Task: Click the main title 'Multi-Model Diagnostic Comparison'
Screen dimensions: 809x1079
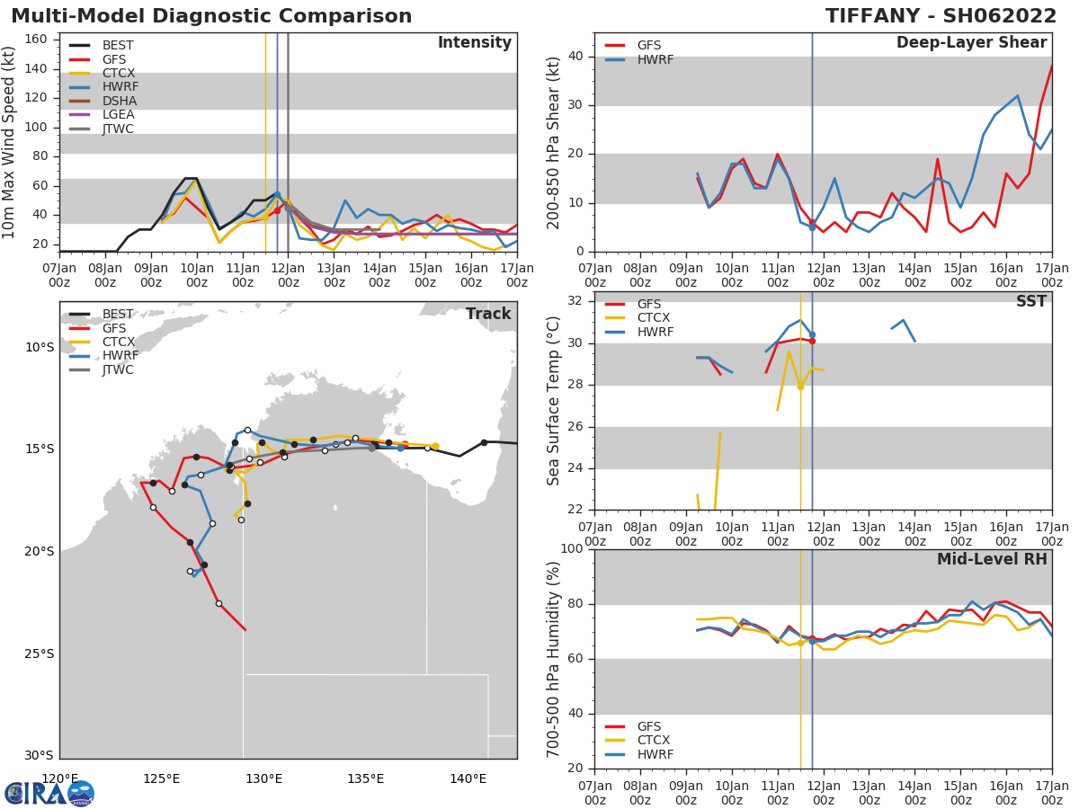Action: (x=211, y=16)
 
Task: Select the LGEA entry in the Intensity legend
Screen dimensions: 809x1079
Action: (x=118, y=114)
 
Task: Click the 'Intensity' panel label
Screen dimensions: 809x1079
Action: (x=474, y=43)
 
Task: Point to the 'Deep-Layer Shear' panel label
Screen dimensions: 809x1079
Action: (x=971, y=43)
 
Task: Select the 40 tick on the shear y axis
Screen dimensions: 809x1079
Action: (x=576, y=56)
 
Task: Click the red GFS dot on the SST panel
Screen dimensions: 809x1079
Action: (x=812, y=341)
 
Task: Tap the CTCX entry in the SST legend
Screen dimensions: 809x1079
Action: (x=655, y=318)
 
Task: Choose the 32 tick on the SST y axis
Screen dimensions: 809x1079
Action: (x=576, y=300)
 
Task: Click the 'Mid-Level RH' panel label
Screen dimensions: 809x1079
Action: (x=992, y=559)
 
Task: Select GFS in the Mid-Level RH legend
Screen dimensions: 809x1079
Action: (x=648, y=726)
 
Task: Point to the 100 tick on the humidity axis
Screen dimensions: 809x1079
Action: (x=572, y=549)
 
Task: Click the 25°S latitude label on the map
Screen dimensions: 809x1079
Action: (x=39, y=653)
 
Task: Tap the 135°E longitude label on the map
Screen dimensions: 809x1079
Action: (x=366, y=778)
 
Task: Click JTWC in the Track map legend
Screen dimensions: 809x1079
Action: (x=118, y=369)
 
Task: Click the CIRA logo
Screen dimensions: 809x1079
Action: (x=49, y=793)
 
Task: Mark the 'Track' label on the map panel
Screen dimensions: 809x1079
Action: (x=487, y=314)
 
